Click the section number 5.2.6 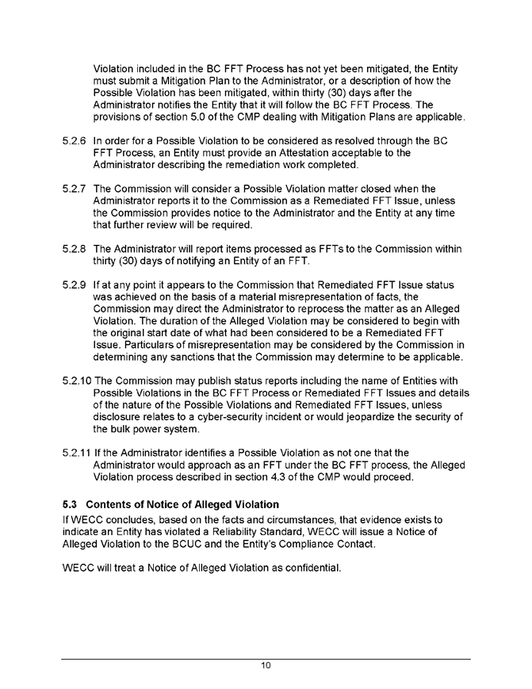pos(75,141)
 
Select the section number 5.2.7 pos(75,189)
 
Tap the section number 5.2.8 pos(75,248)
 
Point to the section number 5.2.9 pos(75,284)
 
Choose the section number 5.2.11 pos(77,452)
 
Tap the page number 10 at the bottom pos(266,666)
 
